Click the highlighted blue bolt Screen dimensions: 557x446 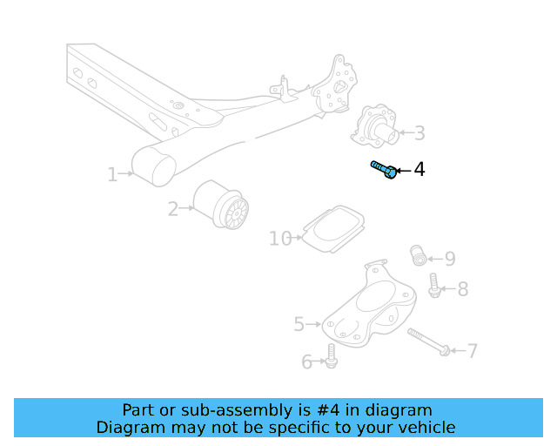(x=384, y=169)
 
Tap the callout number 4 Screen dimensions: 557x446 (x=419, y=169)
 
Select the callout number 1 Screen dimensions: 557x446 (x=112, y=175)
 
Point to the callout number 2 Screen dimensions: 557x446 (x=172, y=208)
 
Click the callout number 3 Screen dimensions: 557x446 (x=419, y=133)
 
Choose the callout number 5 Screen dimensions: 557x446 (x=299, y=324)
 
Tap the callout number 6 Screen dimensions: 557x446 (x=306, y=362)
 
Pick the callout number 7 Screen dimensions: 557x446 (x=472, y=351)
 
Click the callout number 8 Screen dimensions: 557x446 (x=462, y=289)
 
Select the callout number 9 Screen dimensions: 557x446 (x=450, y=259)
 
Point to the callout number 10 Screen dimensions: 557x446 (x=280, y=238)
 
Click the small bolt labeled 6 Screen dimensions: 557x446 (x=332, y=355)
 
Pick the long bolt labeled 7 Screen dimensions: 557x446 (x=426, y=341)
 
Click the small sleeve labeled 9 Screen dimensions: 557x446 (x=419, y=256)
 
